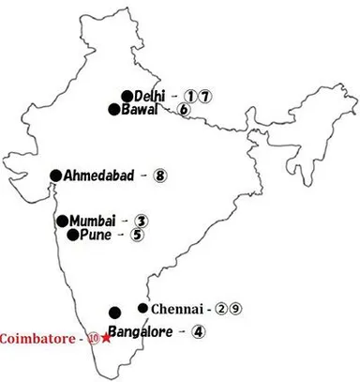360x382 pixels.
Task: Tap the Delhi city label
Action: [x=149, y=95]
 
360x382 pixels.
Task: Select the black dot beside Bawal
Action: [x=114, y=110]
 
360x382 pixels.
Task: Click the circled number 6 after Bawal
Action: [x=184, y=110]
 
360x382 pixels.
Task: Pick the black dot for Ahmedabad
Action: [x=56, y=175]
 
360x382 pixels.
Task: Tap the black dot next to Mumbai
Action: [x=62, y=221]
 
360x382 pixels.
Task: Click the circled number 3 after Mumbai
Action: [x=141, y=221]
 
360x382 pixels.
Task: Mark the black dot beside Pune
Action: [x=73, y=235]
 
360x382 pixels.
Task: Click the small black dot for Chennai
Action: [x=142, y=308]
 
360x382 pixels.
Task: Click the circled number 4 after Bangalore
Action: [x=198, y=330]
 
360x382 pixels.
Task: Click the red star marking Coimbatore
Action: [x=107, y=338]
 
